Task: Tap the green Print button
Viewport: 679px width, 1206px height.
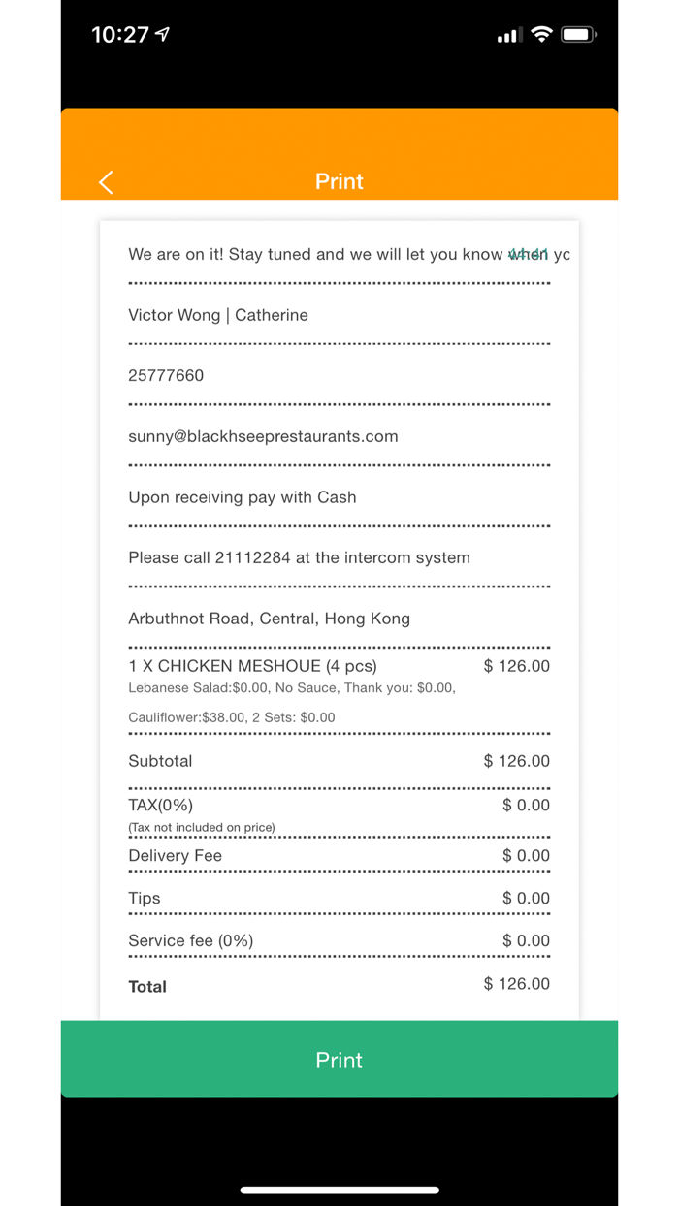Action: tap(339, 1060)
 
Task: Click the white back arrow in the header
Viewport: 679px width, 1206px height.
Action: tap(106, 181)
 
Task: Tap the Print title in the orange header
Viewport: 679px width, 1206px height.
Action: tap(339, 181)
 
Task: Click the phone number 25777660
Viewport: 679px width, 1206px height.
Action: tap(166, 376)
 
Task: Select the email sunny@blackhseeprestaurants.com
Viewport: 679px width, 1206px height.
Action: tap(263, 436)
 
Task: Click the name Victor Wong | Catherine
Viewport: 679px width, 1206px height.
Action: tap(218, 315)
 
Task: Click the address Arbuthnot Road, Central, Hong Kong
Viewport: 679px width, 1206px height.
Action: tap(269, 619)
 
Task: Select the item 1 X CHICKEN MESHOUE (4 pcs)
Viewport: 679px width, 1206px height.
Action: tap(252, 666)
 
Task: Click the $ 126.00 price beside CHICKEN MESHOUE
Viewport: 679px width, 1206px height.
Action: tap(516, 666)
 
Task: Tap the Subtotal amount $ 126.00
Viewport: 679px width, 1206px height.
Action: tap(516, 761)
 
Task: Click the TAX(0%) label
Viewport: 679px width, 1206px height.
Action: tap(160, 806)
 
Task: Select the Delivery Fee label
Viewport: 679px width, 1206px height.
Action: tap(175, 856)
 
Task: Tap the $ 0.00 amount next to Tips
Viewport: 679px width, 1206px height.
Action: tap(526, 899)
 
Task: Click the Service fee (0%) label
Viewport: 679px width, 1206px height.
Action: tap(190, 941)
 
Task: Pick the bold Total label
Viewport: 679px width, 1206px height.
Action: tap(147, 987)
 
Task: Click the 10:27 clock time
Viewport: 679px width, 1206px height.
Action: tap(120, 35)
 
